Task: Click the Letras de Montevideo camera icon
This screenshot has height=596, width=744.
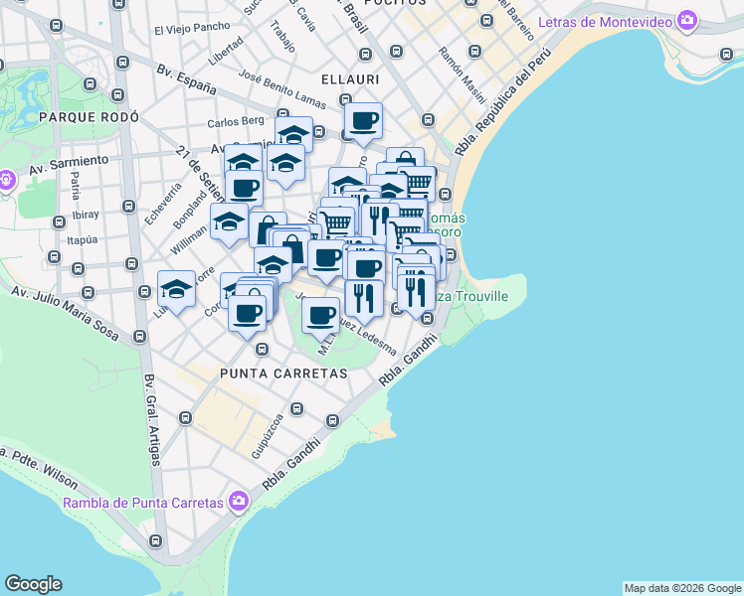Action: click(x=686, y=20)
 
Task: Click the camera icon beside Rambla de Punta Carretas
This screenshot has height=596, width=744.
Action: click(x=238, y=502)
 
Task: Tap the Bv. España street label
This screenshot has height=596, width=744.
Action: click(x=187, y=78)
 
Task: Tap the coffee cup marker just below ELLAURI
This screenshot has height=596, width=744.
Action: click(x=363, y=121)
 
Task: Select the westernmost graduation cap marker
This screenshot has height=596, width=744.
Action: click(x=176, y=289)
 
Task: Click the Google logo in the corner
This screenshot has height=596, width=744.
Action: click(x=33, y=584)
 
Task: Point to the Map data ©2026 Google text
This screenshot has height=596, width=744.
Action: click(x=681, y=588)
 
